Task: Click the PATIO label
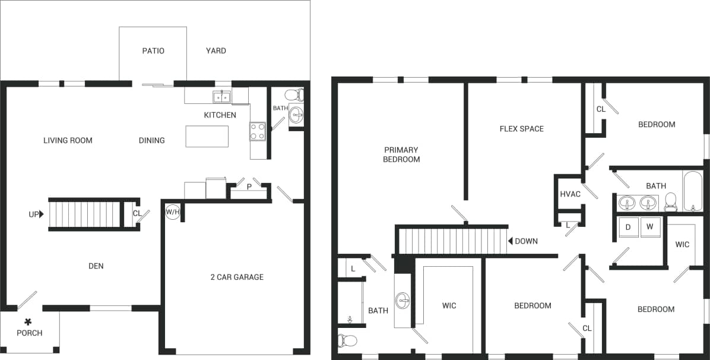153,50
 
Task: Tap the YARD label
215,50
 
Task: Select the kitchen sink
222,97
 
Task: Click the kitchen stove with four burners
258,132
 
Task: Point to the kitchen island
207,136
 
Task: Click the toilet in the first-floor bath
294,94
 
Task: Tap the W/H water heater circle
172,212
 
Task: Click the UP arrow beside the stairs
41,214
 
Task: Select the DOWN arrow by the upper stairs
511,241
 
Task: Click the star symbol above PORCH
28,321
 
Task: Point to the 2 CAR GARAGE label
237,277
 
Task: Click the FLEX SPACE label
521,128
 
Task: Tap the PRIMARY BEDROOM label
401,154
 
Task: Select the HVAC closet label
570,194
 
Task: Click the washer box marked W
649,226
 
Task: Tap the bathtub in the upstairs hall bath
693,191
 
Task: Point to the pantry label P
249,187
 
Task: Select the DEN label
96,266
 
